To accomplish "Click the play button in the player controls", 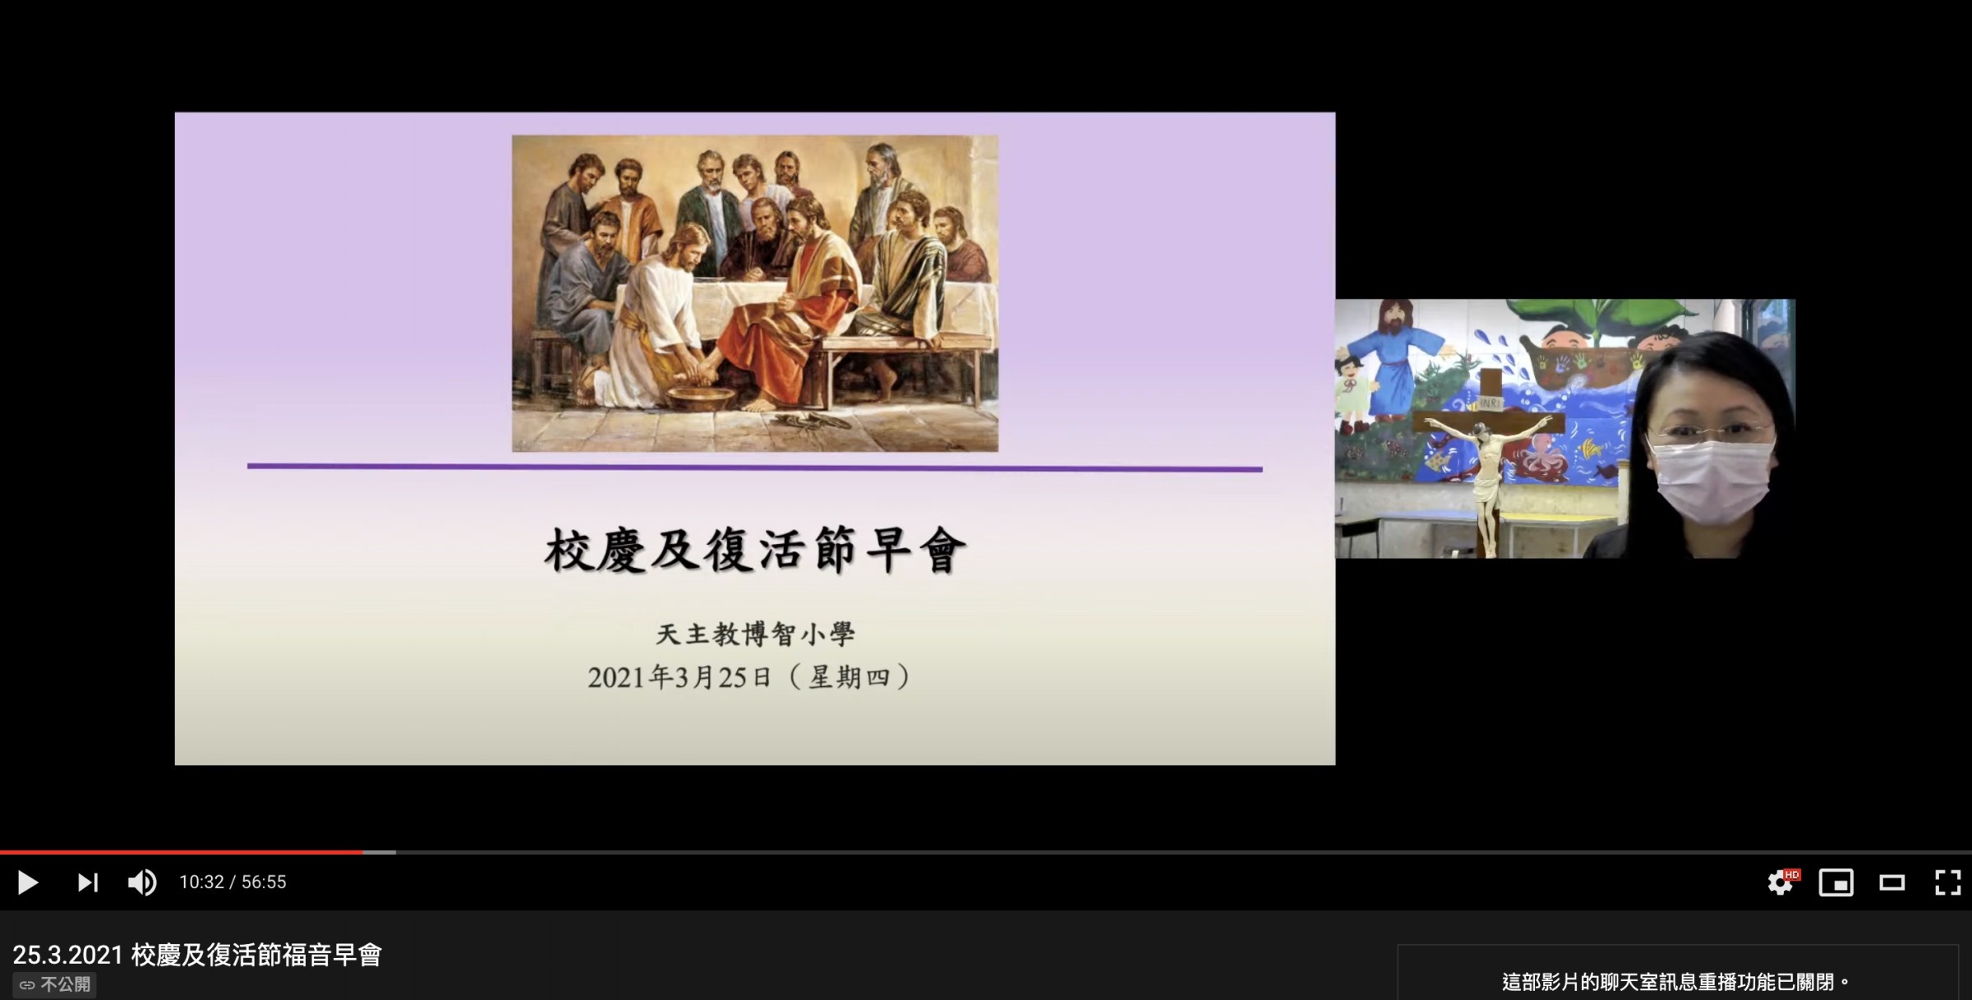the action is [x=27, y=882].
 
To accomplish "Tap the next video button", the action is [x=87, y=882].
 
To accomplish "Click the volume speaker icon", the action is [x=142, y=882].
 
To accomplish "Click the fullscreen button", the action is [x=1947, y=882].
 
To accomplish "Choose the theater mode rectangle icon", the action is [x=1891, y=882].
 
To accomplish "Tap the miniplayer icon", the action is [x=1836, y=882].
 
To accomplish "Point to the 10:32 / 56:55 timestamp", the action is [x=233, y=882].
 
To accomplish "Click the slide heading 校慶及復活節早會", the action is [x=754, y=550].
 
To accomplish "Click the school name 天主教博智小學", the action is [x=755, y=634].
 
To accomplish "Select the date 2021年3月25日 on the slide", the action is [x=680, y=677].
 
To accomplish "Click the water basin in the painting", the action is [x=701, y=399].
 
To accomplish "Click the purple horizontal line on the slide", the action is [x=754, y=468].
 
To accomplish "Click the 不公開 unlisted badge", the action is [x=55, y=984].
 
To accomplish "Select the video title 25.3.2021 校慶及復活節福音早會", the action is [x=197, y=955].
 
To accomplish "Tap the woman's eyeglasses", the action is [x=1713, y=431].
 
